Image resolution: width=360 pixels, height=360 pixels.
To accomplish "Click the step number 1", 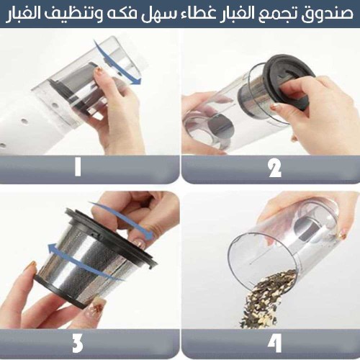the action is [78, 167].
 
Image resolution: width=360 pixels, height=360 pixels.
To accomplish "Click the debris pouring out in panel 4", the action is [266, 300].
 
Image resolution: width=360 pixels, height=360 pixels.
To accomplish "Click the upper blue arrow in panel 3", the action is [125, 220].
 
